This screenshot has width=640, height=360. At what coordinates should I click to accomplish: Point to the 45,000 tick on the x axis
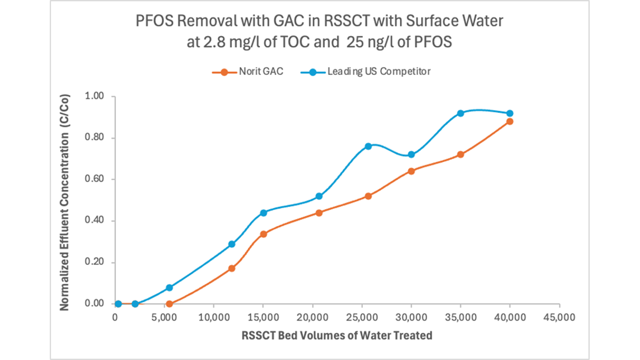[x=559, y=317]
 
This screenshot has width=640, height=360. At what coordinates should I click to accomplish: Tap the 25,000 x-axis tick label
[x=362, y=317]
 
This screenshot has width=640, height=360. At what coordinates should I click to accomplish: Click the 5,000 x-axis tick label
[x=164, y=317]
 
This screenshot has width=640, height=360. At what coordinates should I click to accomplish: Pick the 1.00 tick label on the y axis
[x=94, y=96]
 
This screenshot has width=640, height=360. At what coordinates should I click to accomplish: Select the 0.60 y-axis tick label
[x=94, y=179]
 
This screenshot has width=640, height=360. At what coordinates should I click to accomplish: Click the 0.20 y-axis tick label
[x=94, y=262]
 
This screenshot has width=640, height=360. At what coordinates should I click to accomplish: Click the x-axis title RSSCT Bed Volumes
[x=337, y=335]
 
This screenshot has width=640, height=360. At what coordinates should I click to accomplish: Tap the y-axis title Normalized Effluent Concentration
[x=64, y=202]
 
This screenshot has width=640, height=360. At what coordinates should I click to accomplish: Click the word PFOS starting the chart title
[x=154, y=21]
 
